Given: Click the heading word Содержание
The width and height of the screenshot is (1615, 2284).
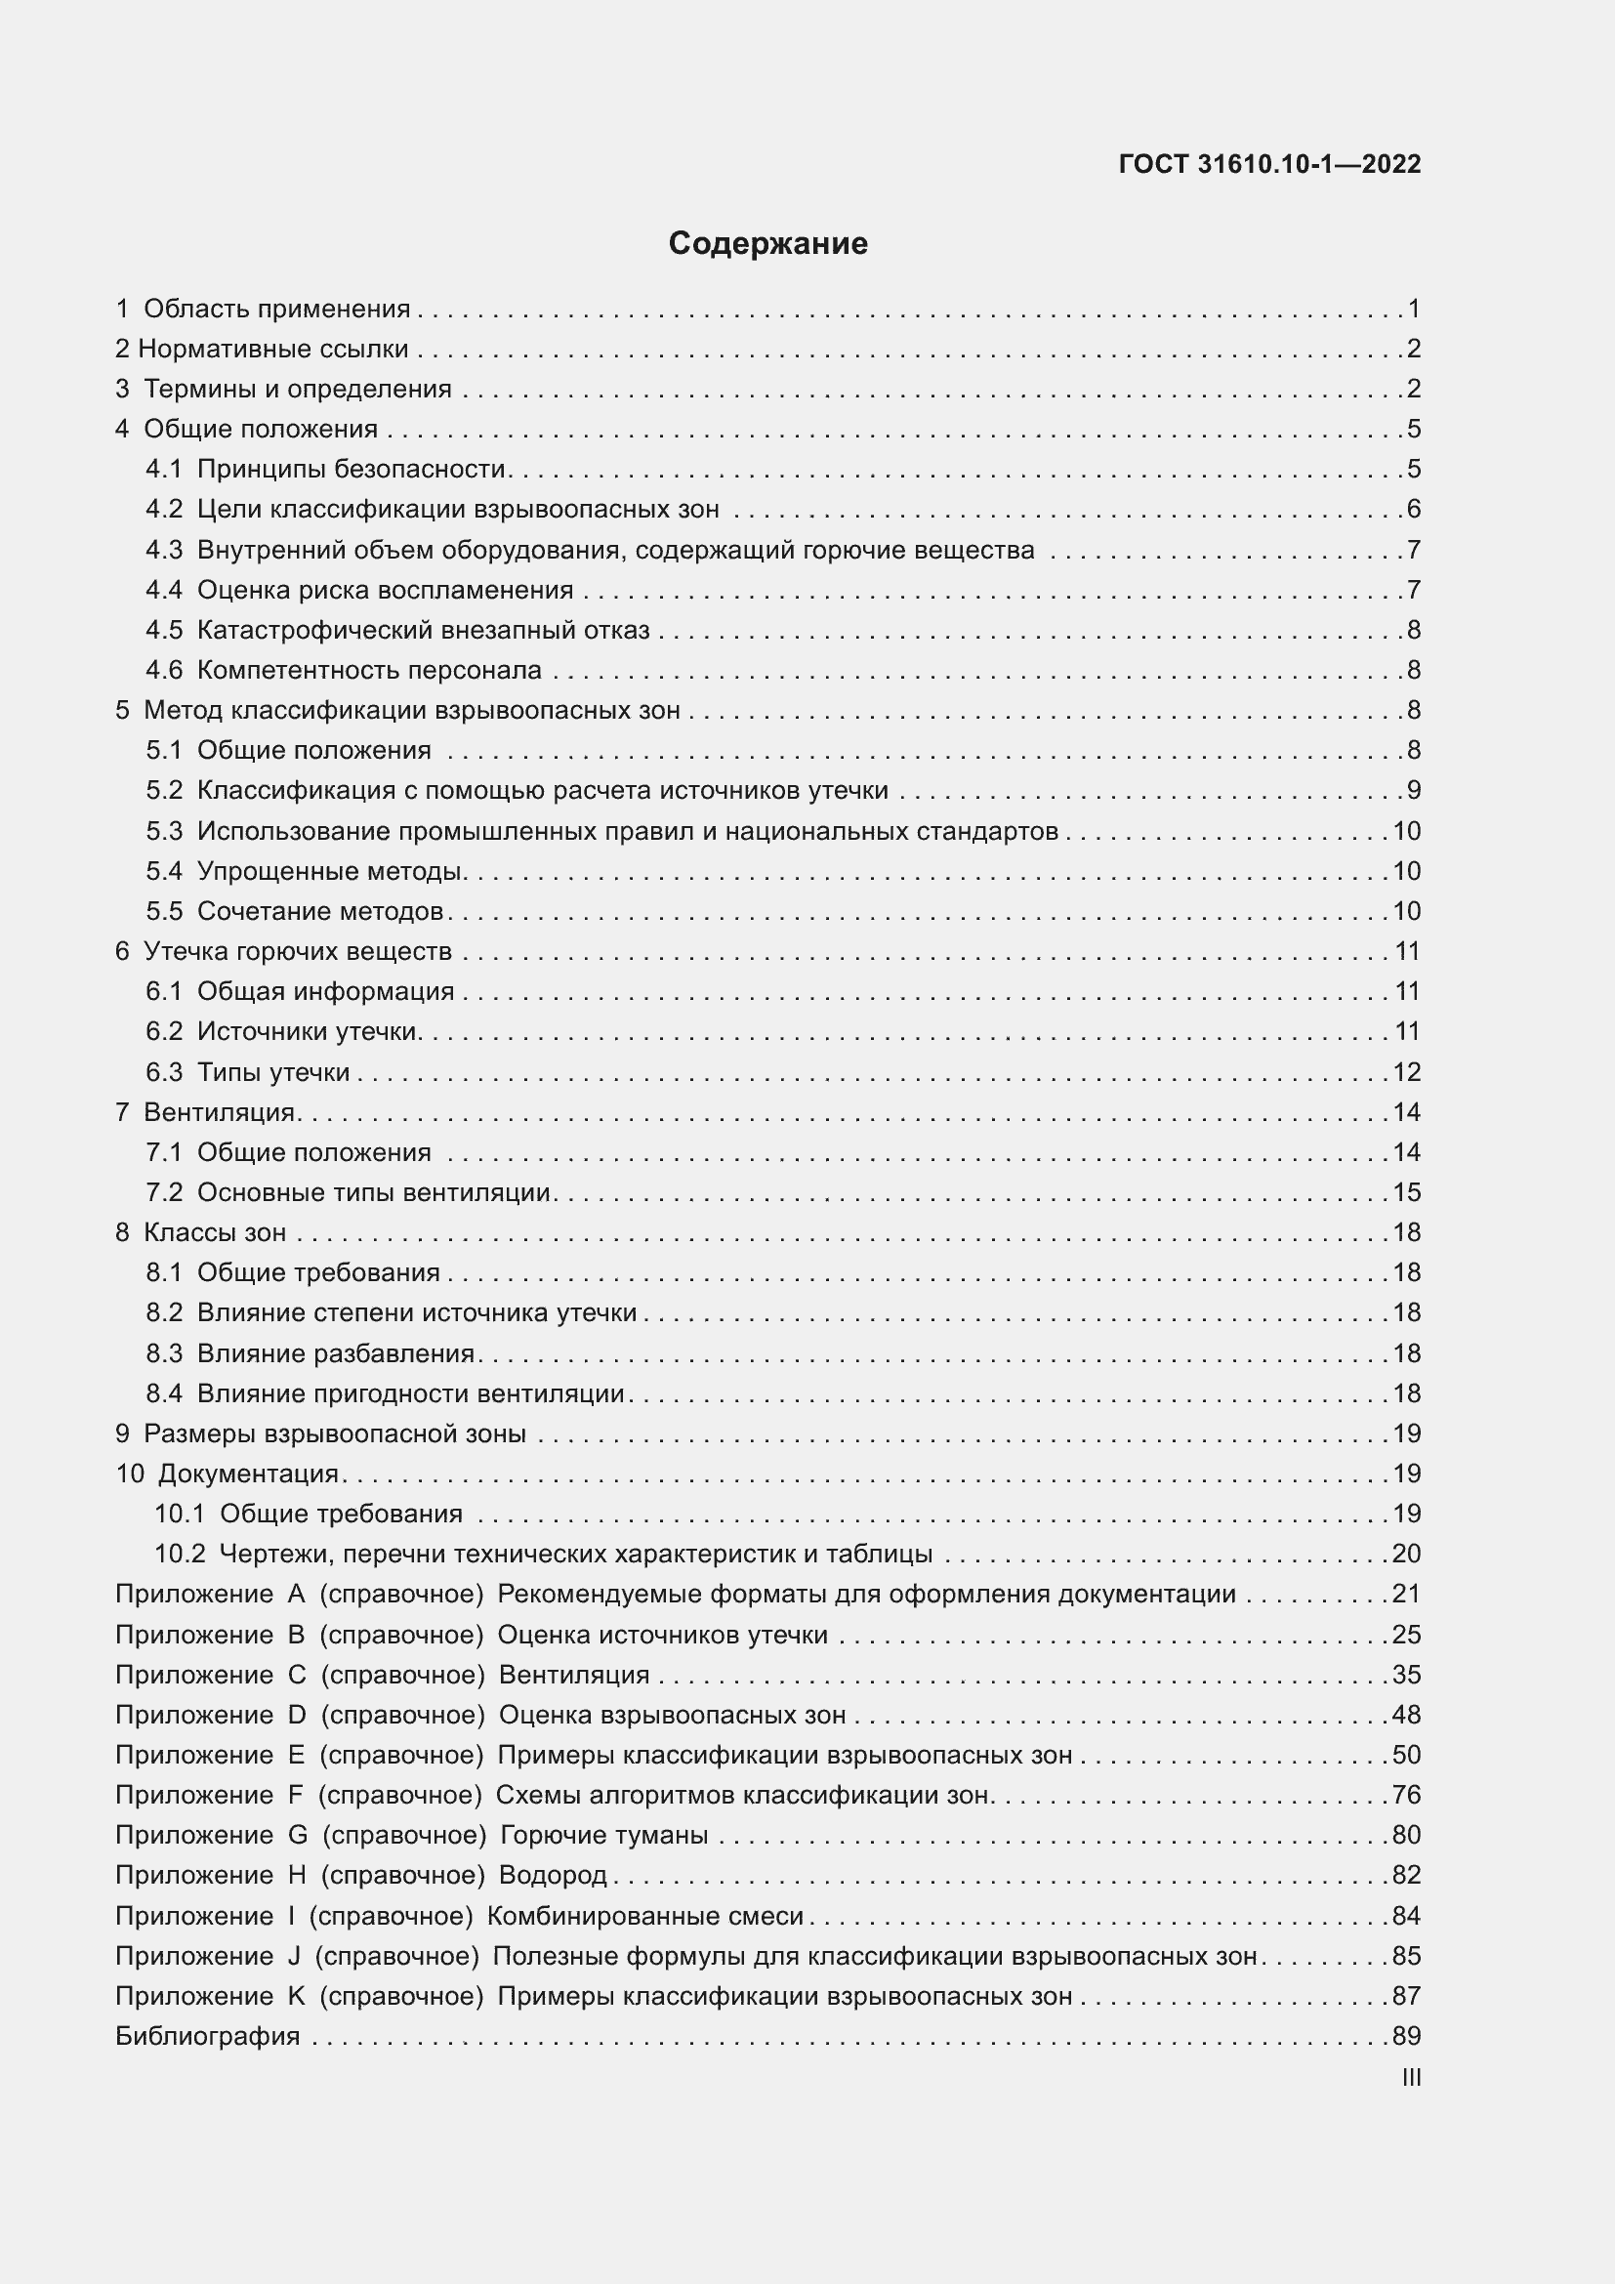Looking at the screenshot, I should [767, 244].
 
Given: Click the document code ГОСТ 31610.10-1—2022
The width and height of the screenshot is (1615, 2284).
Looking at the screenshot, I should [1269, 164].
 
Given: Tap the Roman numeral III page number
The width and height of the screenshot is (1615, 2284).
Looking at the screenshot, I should [1410, 2077].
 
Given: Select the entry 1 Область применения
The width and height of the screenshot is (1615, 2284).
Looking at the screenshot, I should [264, 310].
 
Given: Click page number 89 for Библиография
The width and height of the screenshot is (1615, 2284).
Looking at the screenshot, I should [1406, 2036].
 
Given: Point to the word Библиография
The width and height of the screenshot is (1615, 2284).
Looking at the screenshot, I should [208, 2036].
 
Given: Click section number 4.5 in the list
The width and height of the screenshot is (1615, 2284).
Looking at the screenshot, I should [164, 631].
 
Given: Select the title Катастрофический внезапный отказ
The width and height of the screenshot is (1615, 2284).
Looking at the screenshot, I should [424, 631].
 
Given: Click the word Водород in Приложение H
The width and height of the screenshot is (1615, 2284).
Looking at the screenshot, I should [553, 1875].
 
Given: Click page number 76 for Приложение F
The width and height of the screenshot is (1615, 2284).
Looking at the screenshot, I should [1406, 1795].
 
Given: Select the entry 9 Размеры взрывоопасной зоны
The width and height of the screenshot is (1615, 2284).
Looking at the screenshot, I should [320, 1433].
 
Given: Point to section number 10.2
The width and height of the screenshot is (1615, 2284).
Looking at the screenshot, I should [179, 1554].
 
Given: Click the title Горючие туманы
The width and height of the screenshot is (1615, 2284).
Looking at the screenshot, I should [603, 1835].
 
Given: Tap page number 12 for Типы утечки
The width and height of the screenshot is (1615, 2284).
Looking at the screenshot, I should [1406, 1072].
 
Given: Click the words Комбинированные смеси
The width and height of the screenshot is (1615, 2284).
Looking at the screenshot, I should [645, 1916].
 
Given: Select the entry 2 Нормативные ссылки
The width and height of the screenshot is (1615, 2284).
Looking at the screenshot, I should [262, 350].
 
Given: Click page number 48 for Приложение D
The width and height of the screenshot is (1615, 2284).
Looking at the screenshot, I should [1406, 1715].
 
